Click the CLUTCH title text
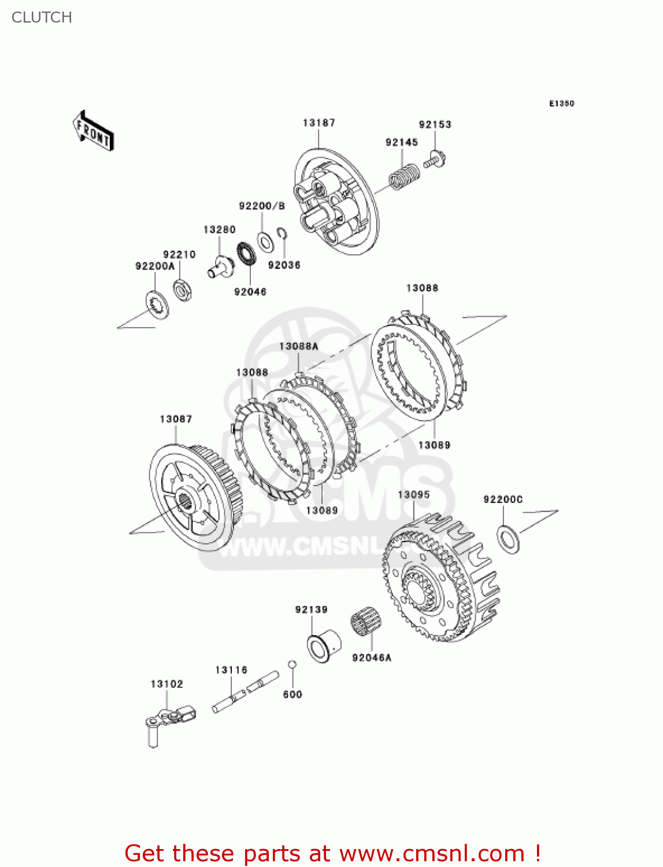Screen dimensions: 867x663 [x=42, y=17]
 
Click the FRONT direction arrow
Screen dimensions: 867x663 [x=93, y=131]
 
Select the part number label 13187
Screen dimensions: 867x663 [x=318, y=123]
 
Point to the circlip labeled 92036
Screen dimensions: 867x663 [x=282, y=233]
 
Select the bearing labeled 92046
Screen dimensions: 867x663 [x=247, y=254]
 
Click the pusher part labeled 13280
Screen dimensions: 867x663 [x=220, y=266]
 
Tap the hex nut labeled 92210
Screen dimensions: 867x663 [x=183, y=289]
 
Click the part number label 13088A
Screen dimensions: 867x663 [x=298, y=346]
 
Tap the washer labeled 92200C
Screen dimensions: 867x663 [x=508, y=539]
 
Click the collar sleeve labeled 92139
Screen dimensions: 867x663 [x=323, y=644]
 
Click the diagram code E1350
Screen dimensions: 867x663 [x=561, y=103]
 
